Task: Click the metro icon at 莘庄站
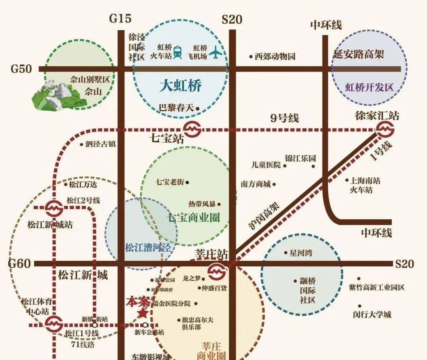tap(217, 271)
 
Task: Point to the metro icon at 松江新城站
tap(53, 207)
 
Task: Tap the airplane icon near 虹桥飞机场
tap(216, 52)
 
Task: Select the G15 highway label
tap(121, 19)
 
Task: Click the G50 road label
tap(21, 69)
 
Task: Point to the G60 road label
tap(19, 263)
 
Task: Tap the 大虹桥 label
tap(180, 86)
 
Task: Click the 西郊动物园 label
tap(275, 57)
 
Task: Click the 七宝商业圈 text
tap(193, 218)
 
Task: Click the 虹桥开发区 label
tap(370, 87)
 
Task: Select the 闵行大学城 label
tap(372, 315)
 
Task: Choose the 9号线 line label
tap(285, 118)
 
